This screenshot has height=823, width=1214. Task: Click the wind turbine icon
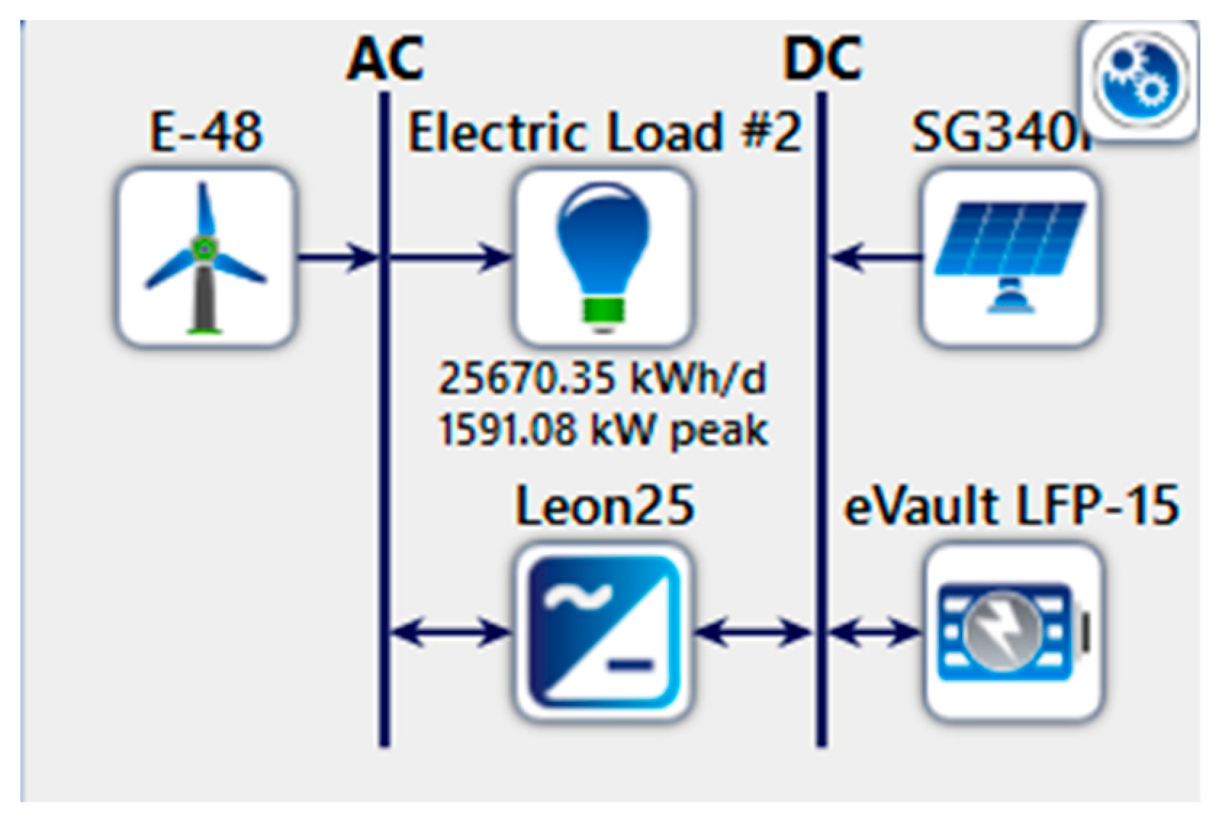point(206,257)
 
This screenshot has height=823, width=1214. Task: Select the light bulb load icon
point(602,257)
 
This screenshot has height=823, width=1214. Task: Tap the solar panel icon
point(1010,257)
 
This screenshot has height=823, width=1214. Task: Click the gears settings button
point(1141,78)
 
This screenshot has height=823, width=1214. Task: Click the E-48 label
point(206,132)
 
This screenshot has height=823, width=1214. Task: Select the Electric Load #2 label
point(604,132)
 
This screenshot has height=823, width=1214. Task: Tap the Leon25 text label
point(604,505)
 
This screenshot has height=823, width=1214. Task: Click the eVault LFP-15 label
point(1012,505)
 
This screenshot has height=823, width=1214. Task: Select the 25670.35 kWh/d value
point(602,379)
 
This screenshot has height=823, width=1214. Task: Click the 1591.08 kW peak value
point(602,431)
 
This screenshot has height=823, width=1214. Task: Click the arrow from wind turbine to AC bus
point(337,257)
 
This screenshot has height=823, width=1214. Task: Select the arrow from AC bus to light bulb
point(450,257)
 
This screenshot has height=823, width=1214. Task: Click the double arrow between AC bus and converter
point(450,633)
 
